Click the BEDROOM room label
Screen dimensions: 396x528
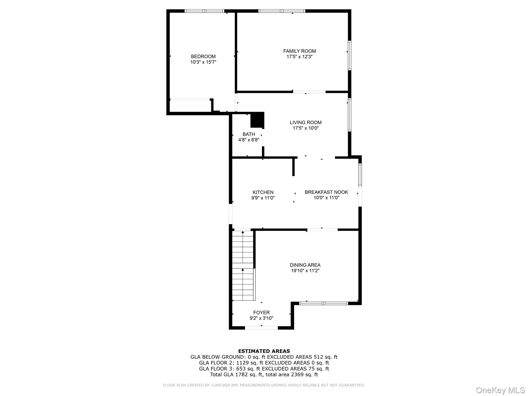[x=203, y=56]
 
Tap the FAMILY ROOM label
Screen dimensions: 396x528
[x=299, y=51]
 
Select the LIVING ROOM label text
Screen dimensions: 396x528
[x=306, y=122]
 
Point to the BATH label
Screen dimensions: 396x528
[x=249, y=134]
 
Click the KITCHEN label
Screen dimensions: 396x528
[x=263, y=192]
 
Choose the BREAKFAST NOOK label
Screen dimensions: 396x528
[x=326, y=192]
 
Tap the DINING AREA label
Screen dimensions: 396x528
[x=305, y=265]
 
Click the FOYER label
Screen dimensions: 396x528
[x=261, y=312]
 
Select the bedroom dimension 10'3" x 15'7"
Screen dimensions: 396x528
[x=203, y=62]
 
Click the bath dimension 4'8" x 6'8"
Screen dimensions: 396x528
[x=249, y=140]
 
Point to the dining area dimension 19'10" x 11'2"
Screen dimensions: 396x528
[x=305, y=271]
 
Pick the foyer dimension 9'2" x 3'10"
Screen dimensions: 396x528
[x=261, y=318]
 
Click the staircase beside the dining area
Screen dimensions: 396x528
[x=243, y=266]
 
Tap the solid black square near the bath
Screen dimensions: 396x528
[x=257, y=120]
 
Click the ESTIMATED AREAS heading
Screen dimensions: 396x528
[x=264, y=351]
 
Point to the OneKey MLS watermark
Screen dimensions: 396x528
[x=500, y=390]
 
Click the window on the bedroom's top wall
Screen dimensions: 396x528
[x=204, y=11]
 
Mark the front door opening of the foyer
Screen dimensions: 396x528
[x=261, y=328]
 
